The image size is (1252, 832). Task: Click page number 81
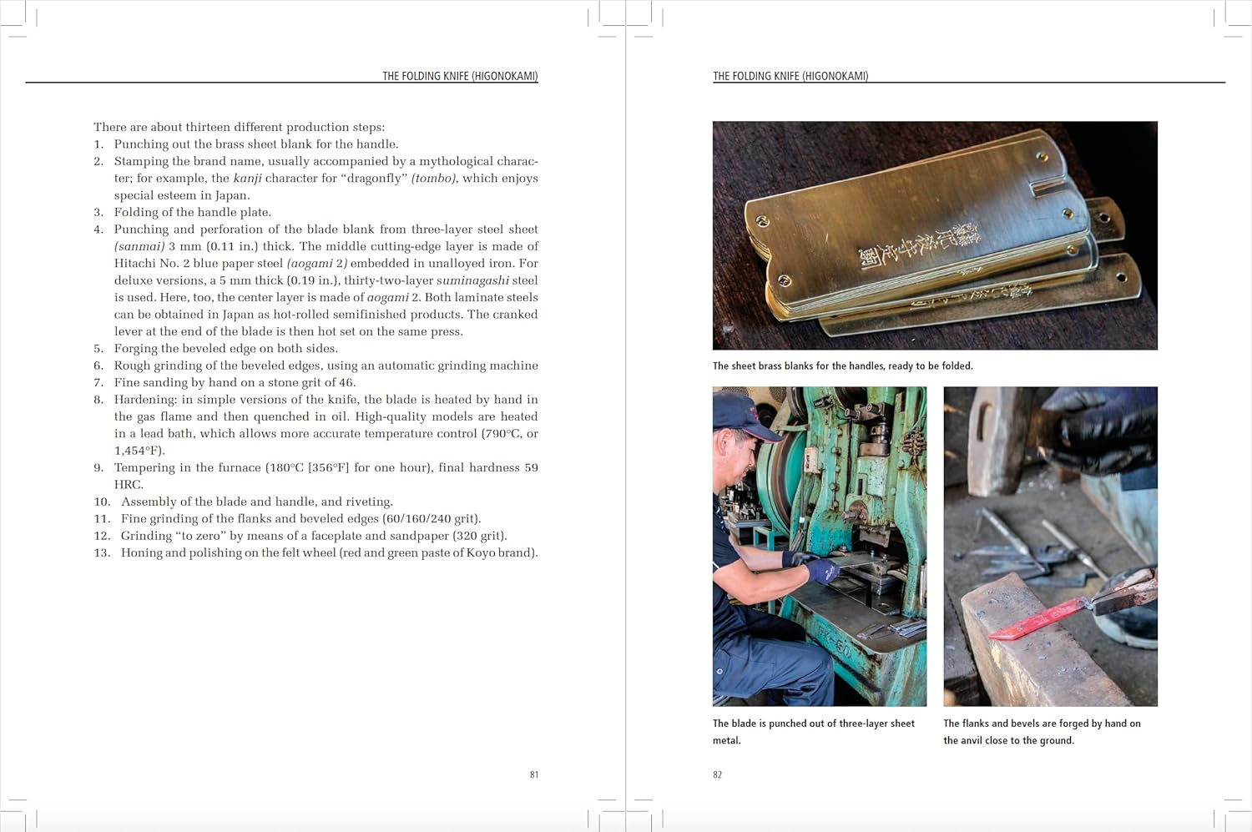pos(533,774)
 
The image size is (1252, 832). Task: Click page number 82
pos(717,774)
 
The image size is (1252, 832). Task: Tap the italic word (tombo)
pos(433,178)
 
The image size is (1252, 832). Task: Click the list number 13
pos(102,552)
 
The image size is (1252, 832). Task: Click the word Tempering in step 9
pos(146,467)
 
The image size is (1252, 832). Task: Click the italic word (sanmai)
pos(139,246)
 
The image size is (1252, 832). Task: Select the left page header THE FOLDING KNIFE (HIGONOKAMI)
pos(460,76)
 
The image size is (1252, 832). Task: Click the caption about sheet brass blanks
pos(842,366)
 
